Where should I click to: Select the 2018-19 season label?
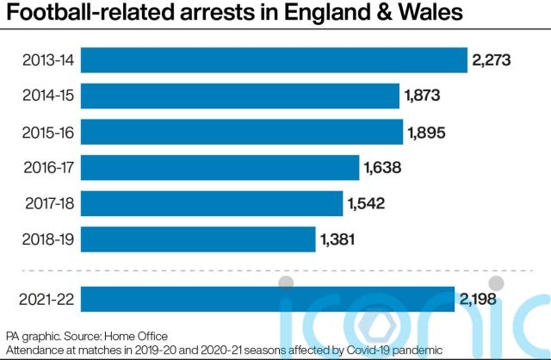tap(50, 239)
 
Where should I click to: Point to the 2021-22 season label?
tap(50, 300)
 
